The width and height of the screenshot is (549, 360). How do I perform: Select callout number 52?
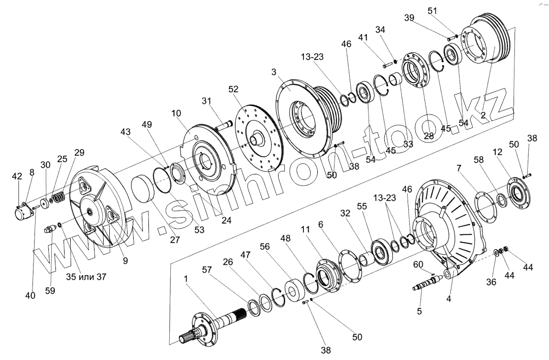pos(233,88)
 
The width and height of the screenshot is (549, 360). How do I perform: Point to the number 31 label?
pos(206,101)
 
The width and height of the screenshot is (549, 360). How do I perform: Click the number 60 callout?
pos(417,264)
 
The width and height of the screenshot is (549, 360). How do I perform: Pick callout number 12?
pos(498,153)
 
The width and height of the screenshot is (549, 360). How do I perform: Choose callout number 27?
pos(175,239)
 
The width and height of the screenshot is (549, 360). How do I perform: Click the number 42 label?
pos(17,176)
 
